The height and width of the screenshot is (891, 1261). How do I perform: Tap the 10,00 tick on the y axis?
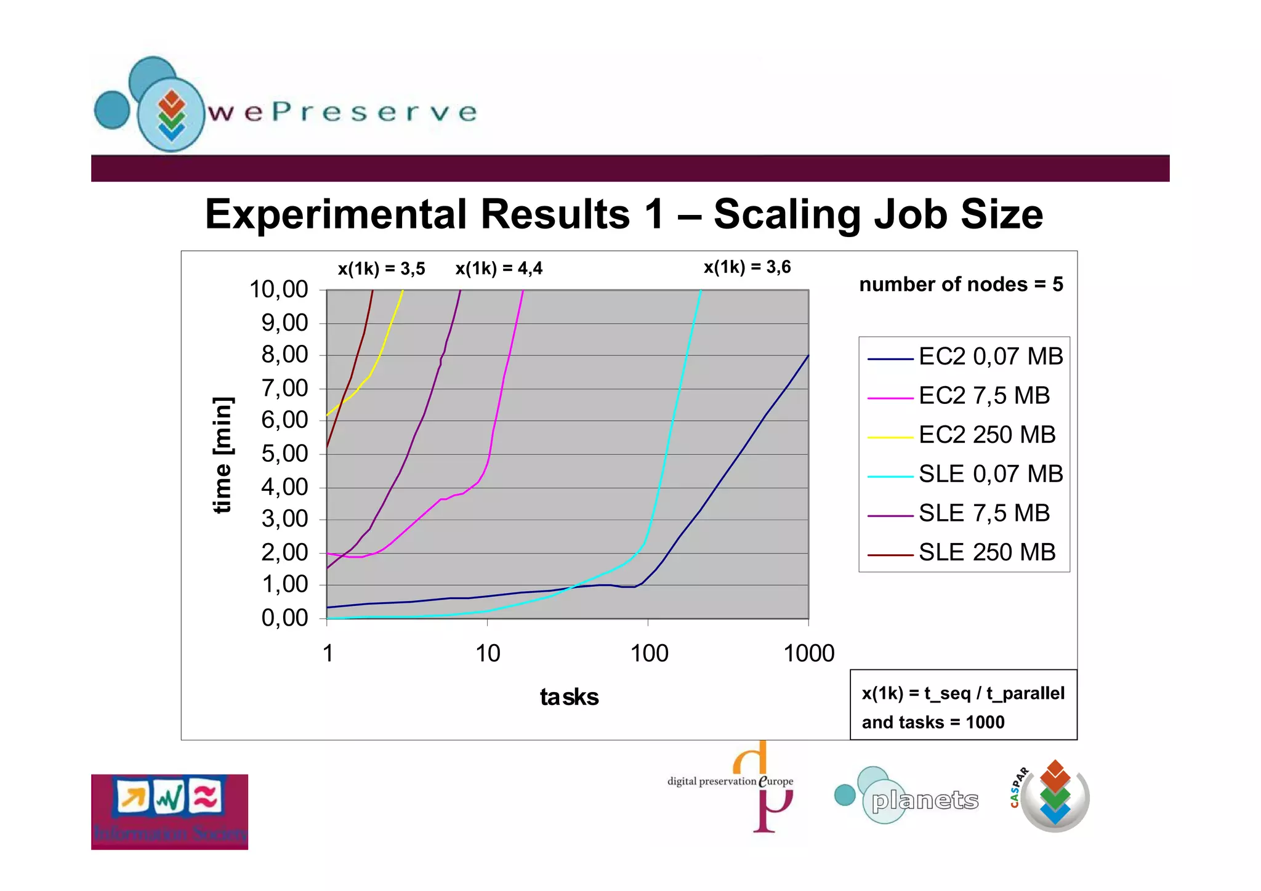point(278,289)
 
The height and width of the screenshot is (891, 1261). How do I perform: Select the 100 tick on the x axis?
point(649,653)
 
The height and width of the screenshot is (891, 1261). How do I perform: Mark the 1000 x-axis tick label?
point(808,653)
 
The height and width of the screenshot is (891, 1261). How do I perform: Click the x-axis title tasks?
point(569,697)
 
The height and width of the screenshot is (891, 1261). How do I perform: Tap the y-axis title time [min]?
point(222,454)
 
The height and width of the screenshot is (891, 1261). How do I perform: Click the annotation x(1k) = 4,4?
point(499,268)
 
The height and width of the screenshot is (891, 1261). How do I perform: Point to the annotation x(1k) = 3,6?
point(747,267)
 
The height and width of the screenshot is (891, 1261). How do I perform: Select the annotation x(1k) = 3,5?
point(381,268)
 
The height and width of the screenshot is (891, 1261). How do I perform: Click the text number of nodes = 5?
point(961,284)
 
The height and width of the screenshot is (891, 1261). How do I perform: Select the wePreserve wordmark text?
point(342,112)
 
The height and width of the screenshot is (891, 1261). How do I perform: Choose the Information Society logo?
point(169,812)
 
